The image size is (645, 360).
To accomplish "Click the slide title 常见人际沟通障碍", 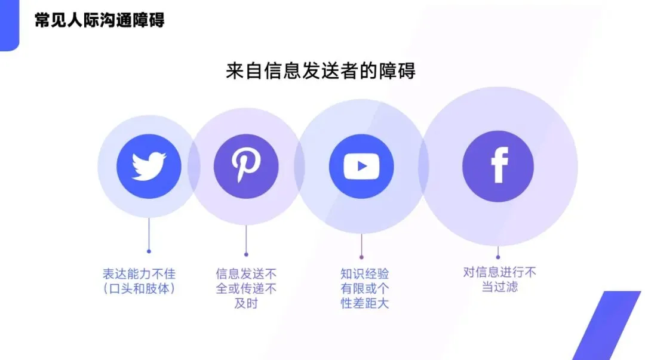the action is (100, 20).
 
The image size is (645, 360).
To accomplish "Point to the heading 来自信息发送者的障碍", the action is (321, 71).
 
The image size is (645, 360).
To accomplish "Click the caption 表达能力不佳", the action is (139, 275).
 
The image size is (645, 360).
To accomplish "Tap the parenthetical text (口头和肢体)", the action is (139, 289).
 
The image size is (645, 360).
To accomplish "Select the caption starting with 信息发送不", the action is (246, 274).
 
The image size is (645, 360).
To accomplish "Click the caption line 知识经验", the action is (364, 274).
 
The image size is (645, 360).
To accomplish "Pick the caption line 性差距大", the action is (364, 303).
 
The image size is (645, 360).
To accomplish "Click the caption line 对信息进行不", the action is (499, 272).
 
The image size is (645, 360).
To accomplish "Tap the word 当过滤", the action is (499, 287).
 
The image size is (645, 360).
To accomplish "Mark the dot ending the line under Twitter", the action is (149, 251).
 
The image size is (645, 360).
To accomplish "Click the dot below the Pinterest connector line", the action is (246, 254).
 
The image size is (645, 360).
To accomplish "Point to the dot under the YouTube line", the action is (361, 257).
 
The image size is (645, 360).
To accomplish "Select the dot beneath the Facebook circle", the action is (498, 257).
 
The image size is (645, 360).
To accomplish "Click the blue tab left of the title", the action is (9, 25).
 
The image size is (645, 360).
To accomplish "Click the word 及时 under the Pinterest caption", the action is (246, 303).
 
